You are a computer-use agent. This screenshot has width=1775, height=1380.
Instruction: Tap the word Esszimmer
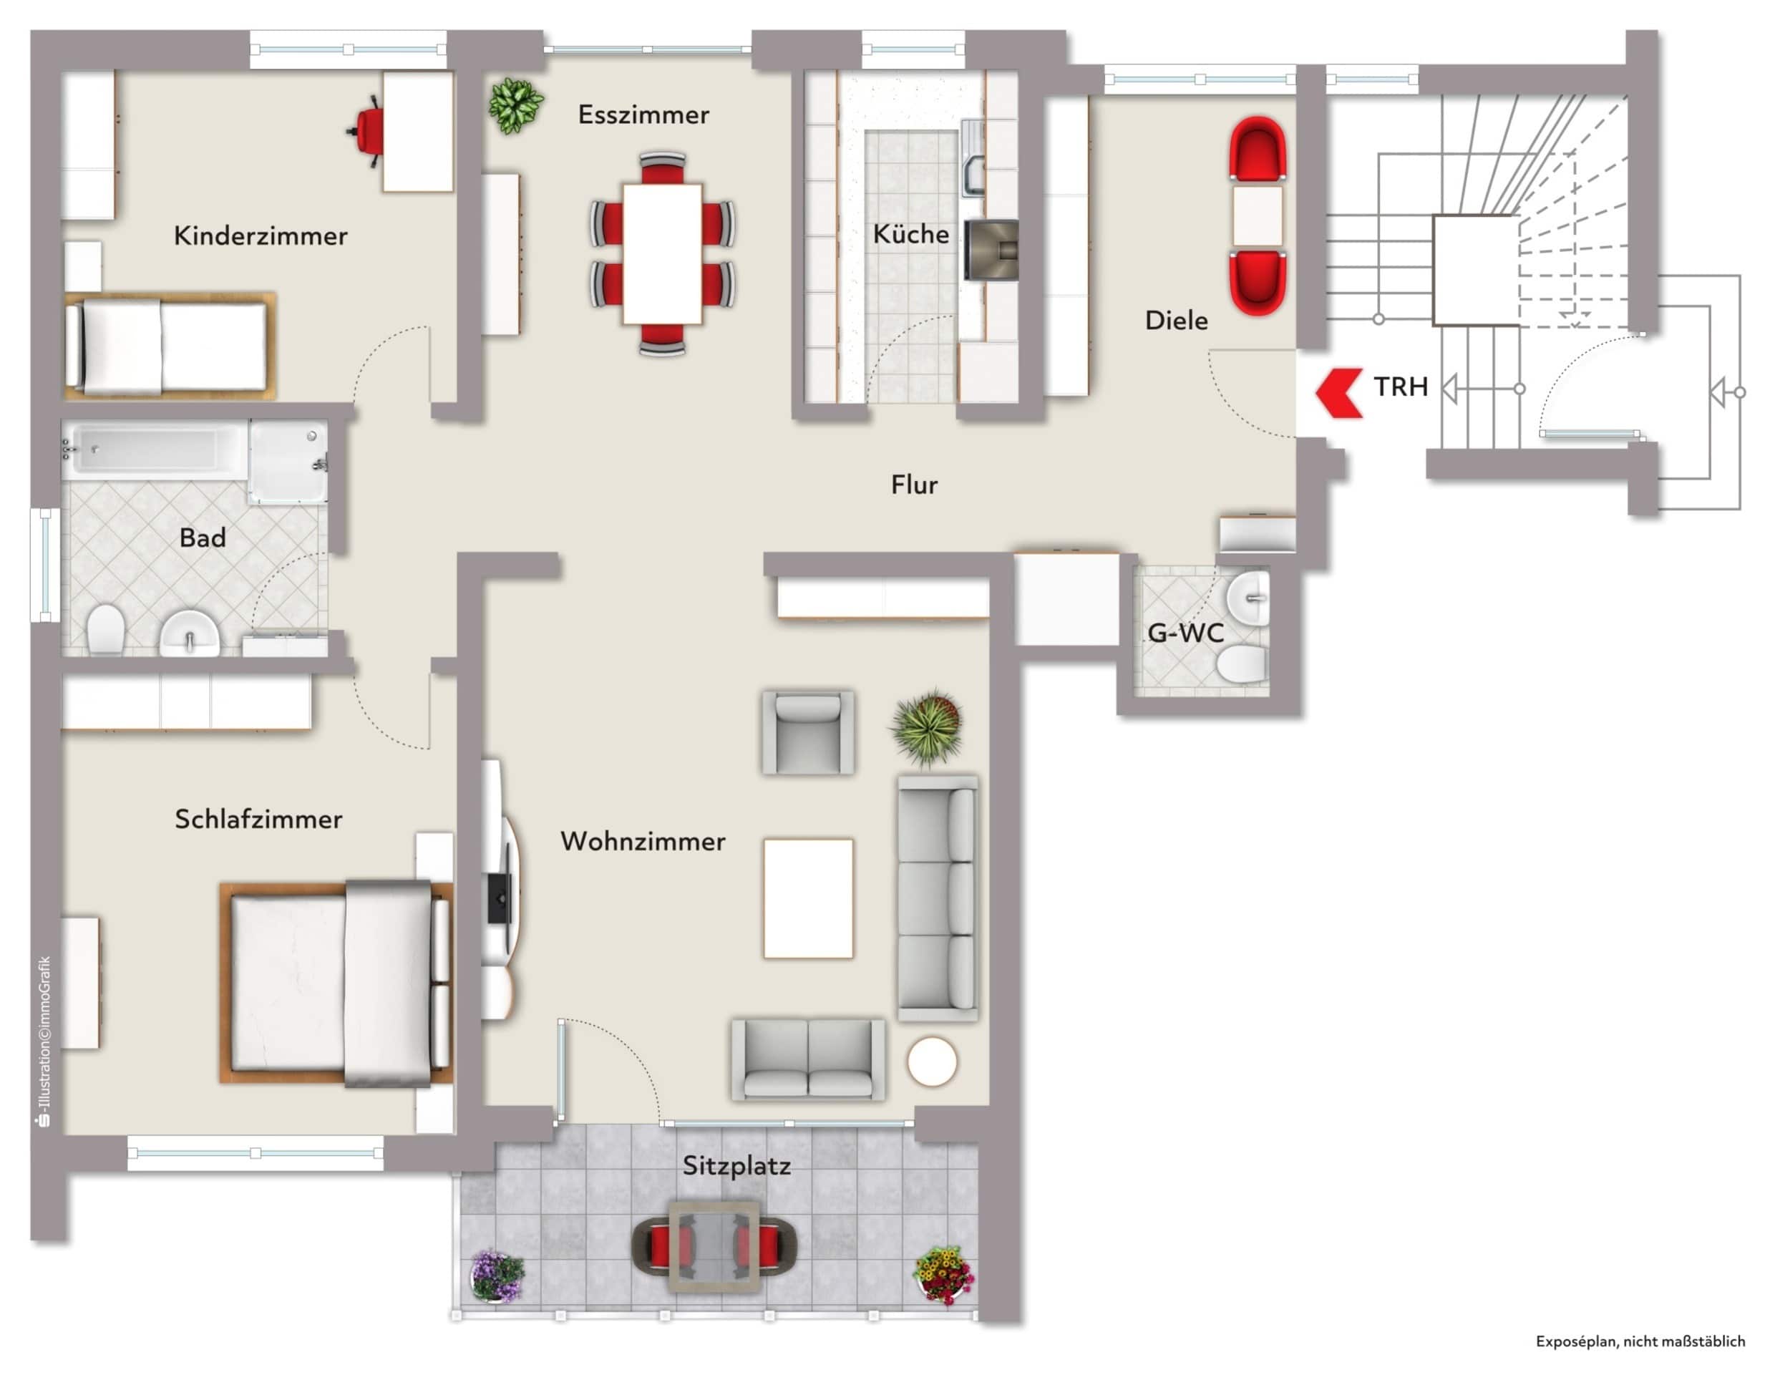coord(643,115)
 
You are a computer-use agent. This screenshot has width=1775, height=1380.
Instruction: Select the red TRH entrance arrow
coord(1338,394)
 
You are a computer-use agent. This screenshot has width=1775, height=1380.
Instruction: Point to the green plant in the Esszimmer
coord(515,105)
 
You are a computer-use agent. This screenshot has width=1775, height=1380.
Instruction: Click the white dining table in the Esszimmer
coord(662,253)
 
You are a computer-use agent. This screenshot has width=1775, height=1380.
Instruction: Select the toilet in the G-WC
coord(1242,664)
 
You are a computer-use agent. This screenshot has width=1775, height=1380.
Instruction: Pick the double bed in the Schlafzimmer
coord(336,983)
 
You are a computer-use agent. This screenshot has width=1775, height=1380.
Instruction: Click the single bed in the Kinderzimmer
coord(170,346)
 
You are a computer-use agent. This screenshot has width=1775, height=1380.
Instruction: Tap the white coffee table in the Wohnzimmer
coord(808,899)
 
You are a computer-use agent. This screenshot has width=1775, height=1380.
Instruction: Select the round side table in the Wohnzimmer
coord(932,1061)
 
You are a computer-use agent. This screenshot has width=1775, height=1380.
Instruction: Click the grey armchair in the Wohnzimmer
coord(807,732)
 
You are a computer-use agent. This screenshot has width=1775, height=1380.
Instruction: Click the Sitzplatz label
coord(736,1166)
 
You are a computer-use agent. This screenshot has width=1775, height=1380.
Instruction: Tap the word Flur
coord(914,485)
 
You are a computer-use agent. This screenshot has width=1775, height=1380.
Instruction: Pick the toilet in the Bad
coord(104,628)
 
